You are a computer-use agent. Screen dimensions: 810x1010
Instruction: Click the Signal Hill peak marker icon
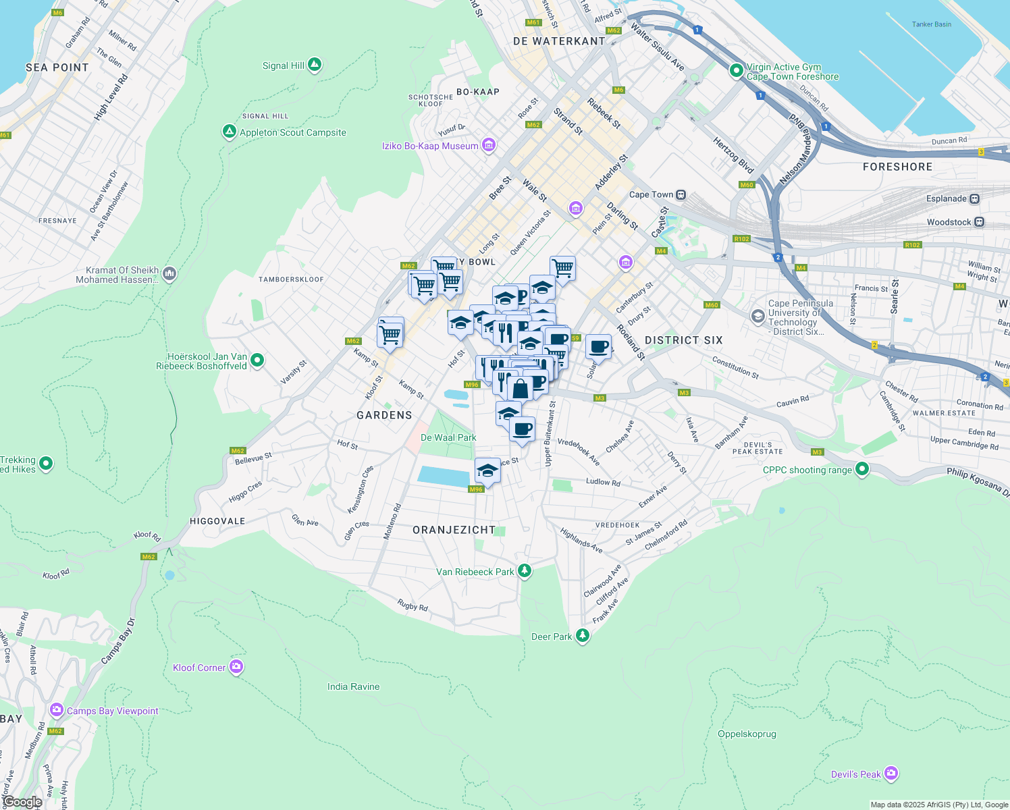(x=314, y=65)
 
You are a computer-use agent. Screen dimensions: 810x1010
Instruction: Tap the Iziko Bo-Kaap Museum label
(x=430, y=146)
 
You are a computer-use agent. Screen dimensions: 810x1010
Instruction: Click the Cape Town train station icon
(x=681, y=195)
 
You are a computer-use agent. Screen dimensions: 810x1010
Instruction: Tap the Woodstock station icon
(x=980, y=222)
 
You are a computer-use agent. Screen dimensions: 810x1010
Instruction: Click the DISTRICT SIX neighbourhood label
(x=683, y=340)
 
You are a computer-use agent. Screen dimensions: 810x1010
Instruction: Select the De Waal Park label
(x=448, y=437)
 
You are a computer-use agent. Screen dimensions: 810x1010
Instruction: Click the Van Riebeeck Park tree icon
(x=524, y=571)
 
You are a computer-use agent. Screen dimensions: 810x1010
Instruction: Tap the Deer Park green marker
(x=582, y=635)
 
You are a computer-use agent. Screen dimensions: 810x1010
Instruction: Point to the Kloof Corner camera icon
(x=236, y=667)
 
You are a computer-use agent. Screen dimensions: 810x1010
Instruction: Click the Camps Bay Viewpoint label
(x=112, y=711)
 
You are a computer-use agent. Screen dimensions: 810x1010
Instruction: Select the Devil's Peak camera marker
(x=891, y=773)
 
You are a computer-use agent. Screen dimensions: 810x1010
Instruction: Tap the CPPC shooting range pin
(x=862, y=468)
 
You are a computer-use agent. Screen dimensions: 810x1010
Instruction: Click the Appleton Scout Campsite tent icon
(x=230, y=132)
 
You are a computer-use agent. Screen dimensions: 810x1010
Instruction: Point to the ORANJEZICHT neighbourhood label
(x=454, y=530)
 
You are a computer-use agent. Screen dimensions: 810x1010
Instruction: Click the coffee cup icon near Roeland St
(x=598, y=348)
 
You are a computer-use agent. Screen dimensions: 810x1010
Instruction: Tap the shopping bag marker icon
(x=521, y=389)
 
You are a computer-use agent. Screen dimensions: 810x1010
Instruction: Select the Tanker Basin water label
(x=931, y=24)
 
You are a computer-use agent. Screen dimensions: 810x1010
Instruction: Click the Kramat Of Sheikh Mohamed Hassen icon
(x=169, y=273)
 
